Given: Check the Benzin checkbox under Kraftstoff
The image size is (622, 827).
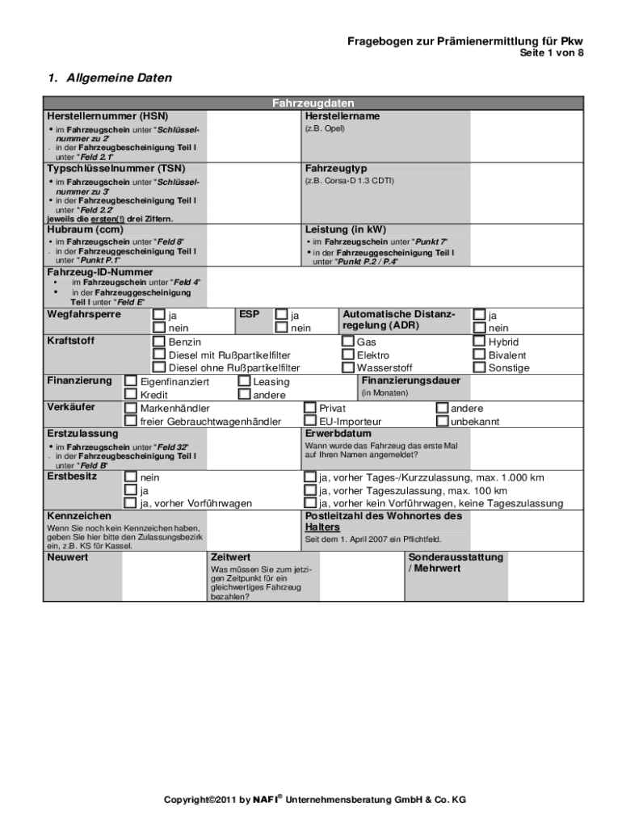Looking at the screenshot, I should tap(160, 342).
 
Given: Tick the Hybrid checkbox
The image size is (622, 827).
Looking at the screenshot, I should tap(480, 342).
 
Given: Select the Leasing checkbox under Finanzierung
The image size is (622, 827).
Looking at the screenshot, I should tap(245, 381).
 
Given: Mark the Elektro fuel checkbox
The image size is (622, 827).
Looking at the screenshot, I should tap(348, 355).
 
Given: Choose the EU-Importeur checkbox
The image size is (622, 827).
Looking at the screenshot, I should tap(310, 421).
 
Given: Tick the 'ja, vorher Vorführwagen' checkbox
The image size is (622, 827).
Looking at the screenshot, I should tap(131, 503).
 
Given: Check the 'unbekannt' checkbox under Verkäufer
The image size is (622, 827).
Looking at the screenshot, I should tap(442, 421).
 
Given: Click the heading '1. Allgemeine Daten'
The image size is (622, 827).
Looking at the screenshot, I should tap(109, 78).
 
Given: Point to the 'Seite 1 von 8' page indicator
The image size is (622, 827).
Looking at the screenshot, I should tap(550, 53).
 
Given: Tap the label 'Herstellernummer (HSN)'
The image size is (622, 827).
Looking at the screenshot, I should tap(96, 115).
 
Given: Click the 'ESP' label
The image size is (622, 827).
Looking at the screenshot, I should tap(249, 313).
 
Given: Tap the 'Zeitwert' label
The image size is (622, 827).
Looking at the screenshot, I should tap(230, 557).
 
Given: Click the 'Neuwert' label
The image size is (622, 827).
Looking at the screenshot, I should tap(68, 557).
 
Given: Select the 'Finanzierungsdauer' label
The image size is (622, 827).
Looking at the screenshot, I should tap(411, 380).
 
